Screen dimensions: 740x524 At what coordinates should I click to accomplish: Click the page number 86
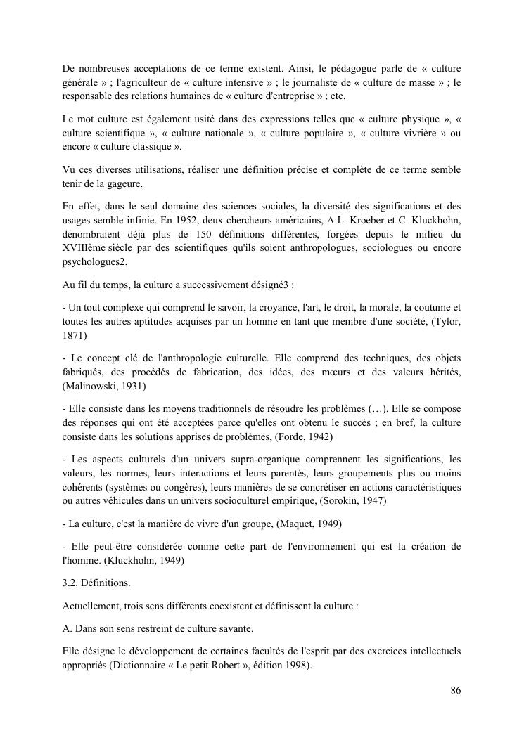(x=455, y=691)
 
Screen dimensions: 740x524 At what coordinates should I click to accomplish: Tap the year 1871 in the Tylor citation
(x=74, y=336)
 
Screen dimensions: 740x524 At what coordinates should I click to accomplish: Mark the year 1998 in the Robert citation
(x=299, y=665)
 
